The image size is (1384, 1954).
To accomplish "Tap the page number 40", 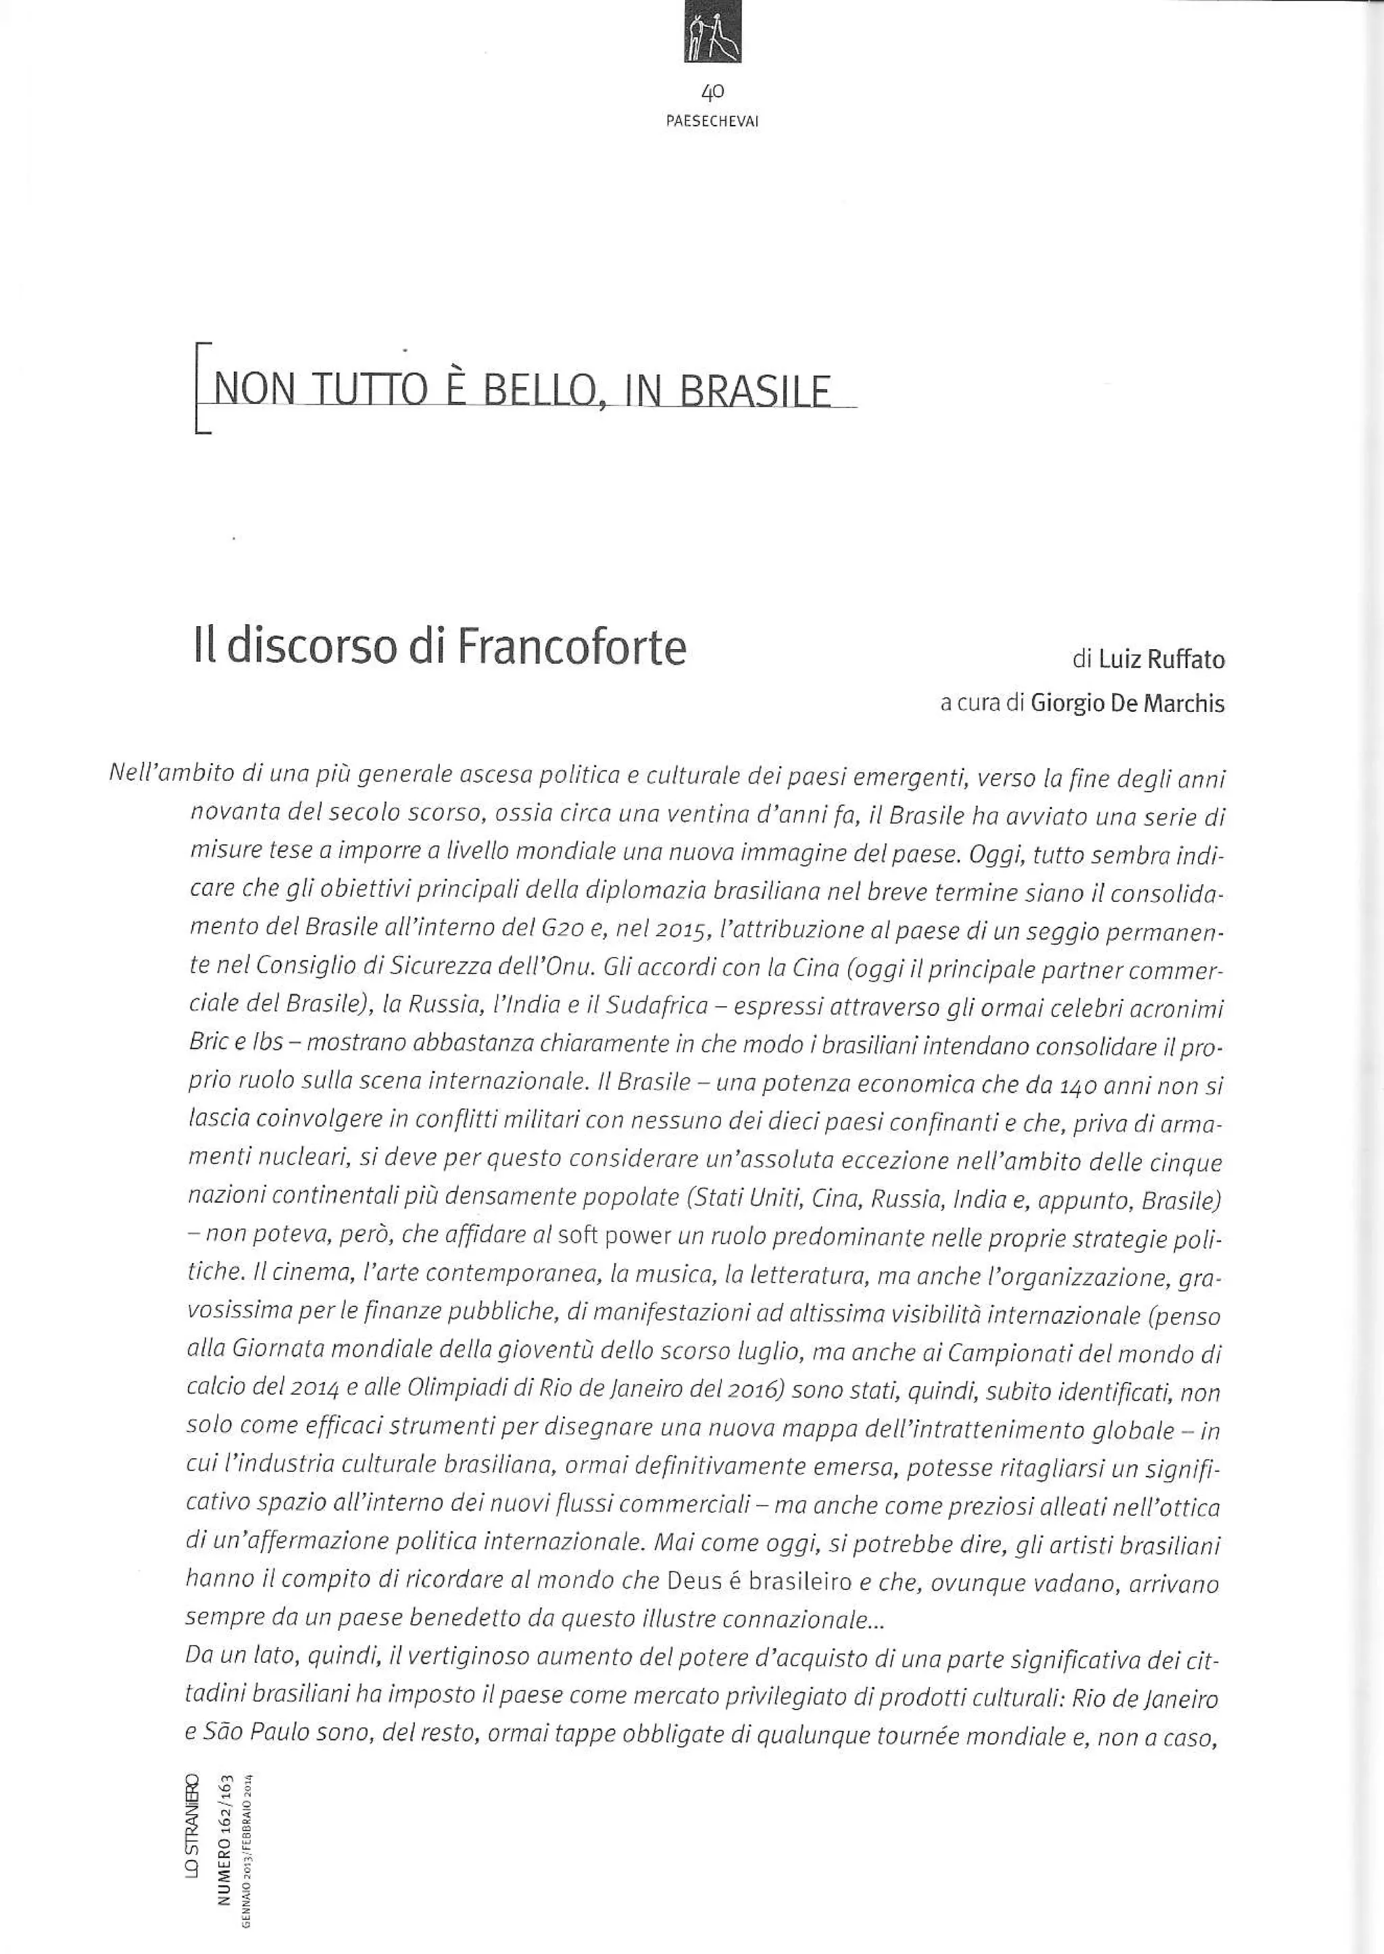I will pos(712,91).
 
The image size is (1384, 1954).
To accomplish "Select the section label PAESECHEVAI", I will pos(712,122).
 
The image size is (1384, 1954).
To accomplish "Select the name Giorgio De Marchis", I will pos(1127,704).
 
